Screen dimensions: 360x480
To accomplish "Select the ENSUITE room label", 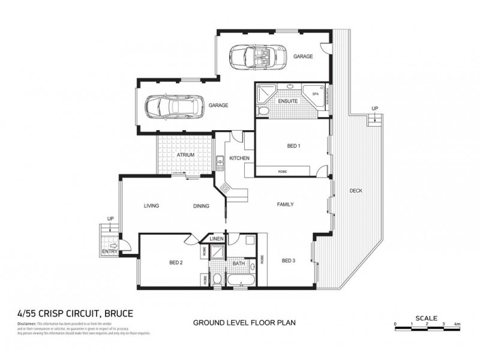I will (x=288, y=101).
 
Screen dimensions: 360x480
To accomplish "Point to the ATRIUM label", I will (x=185, y=155).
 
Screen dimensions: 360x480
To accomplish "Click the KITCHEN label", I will (x=239, y=157).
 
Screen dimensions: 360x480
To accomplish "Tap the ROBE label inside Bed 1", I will (x=282, y=172).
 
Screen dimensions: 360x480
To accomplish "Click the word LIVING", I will (x=151, y=206).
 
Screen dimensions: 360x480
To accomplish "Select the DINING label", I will (x=201, y=206).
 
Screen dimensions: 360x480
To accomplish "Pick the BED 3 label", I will (x=289, y=260).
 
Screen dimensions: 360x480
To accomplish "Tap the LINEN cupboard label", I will (x=217, y=239).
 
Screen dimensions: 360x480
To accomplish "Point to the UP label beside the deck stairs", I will (x=376, y=109).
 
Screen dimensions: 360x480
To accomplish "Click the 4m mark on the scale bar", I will (x=457, y=324).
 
